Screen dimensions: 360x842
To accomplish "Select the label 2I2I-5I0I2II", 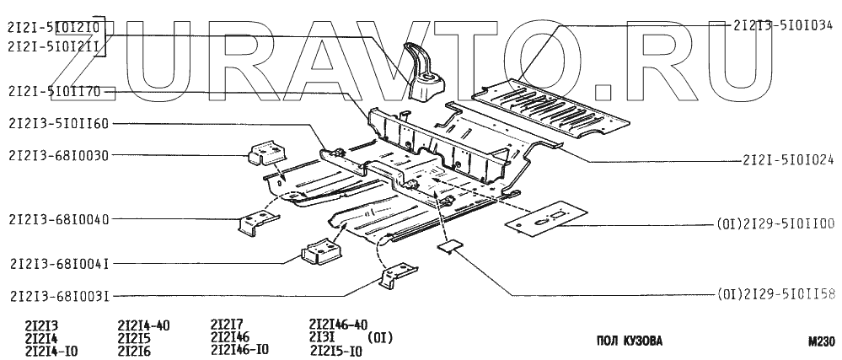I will (x=52, y=48).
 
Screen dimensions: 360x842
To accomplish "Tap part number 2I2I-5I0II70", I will (x=52, y=90).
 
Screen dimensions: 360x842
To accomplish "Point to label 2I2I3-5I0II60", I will (x=57, y=123).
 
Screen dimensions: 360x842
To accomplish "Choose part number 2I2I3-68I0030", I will (x=57, y=154).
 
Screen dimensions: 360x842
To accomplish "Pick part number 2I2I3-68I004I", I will (x=57, y=262).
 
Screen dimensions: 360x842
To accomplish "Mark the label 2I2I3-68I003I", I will (x=57, y=295).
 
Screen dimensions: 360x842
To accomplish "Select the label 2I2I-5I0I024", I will (x=787, y=158).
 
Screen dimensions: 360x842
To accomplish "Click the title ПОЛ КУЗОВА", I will (x=628, y=341).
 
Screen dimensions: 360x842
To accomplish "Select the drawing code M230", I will (x=819, y=341).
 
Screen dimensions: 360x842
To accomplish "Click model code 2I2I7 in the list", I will (x=227, y=324).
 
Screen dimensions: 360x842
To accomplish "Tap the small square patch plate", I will (x=451, y=245).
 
